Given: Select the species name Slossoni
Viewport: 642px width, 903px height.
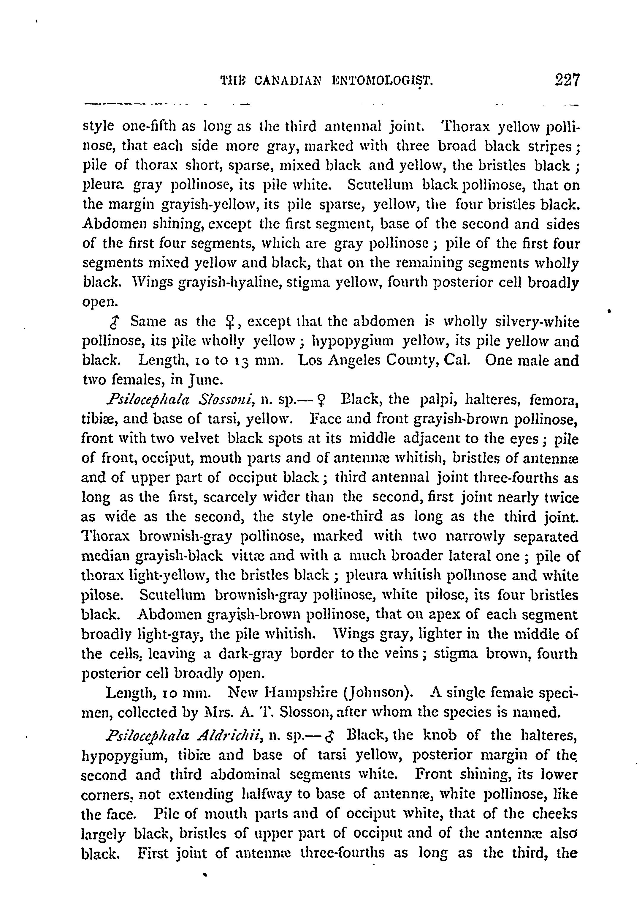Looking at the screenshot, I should [x=227, y=399].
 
